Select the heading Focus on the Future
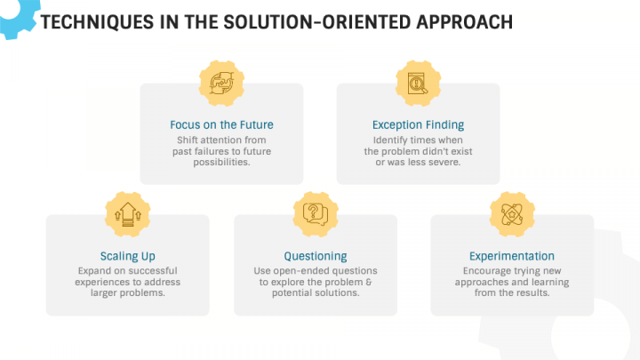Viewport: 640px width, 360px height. pos(221,124)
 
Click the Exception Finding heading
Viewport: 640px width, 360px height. pos(418,124)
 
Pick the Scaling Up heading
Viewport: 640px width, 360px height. pos(127,256)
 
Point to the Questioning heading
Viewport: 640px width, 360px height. pos(316,256)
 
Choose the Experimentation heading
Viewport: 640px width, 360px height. pos(512,256)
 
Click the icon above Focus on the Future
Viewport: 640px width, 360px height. pos(220,84)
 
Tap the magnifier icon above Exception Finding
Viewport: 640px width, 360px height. pos(417,84)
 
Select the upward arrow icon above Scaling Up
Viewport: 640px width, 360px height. pos(126,214)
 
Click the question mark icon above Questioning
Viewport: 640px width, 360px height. pos(315,214)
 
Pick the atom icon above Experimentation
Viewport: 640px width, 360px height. pos(511,214)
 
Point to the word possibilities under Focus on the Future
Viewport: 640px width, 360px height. pos(221,163)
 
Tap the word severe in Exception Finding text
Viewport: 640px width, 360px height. pos(441,163)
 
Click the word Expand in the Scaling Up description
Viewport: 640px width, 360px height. pos(93,270)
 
